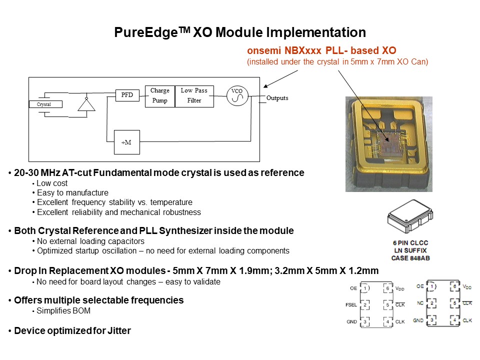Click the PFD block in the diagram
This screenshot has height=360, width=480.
tap(127, 94)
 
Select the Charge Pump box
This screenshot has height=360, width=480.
tap(160, 95)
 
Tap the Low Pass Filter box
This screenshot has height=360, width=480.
tap(194, 95)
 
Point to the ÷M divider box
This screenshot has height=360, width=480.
tap(127, 142)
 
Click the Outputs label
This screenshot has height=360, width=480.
tap(277, 98)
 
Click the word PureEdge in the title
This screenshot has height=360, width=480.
tap(146, 33)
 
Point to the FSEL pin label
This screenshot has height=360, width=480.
tap(350, 304)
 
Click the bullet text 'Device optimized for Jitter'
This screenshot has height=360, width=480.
tap(72, 330)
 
